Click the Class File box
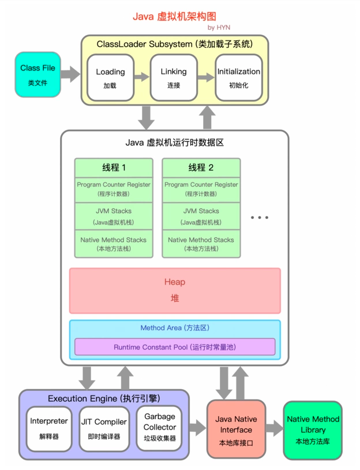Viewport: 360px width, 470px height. click(37, 74)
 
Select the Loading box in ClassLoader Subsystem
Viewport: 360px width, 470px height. click(110, 77)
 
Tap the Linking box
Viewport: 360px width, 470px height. click(174, 77)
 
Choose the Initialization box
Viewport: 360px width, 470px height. click(238, 77)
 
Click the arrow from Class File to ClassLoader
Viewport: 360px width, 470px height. click(70, 74)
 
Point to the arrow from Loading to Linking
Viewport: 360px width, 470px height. click(142, 77)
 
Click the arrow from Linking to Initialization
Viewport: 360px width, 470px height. click(206, 77)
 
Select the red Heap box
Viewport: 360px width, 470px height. click(175, 290)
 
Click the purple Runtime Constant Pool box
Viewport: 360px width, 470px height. click(175, 347)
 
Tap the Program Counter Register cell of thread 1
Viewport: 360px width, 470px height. click(114, 189)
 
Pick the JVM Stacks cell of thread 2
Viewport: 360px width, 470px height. click(201, 216)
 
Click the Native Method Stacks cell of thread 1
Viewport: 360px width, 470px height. click(114, 243)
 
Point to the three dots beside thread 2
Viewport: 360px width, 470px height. click(260, 218)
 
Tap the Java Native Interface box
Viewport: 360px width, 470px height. click(236, 430)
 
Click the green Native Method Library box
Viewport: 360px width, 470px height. click(313, 430)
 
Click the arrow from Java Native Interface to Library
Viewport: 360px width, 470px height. click(274, 428)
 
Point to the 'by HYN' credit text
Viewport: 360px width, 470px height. click(219, 27)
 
